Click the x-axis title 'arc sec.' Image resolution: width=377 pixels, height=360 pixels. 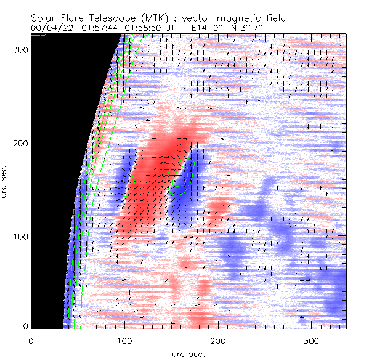[x=188, y=354]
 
